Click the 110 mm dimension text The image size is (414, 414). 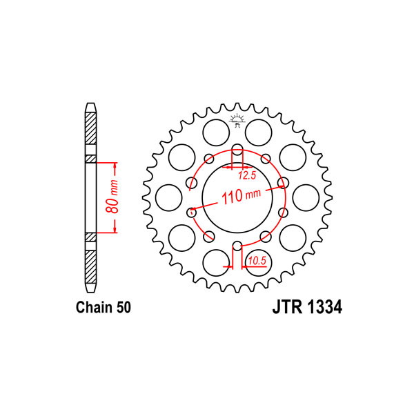tap(241, 196)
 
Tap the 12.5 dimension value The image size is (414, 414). tap(247, 175)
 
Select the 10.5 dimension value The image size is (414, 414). tap(257, 261)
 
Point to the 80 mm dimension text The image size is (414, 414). tap(112, 197)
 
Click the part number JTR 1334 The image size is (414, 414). tap(307, 307)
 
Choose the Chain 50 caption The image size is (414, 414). tap(103, 307)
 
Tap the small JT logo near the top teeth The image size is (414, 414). tap(237, 121)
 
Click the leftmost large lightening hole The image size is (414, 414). tap(169, 198)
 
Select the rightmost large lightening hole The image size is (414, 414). tap(306, 198)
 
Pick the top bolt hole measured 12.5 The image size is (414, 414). tap(237, 150)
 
